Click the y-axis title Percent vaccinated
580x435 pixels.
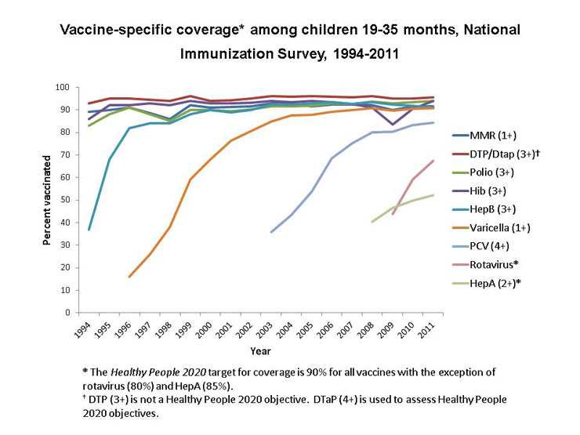pos(46,201)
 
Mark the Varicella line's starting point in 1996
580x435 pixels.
pos(129,277)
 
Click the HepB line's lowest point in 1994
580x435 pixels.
pos(89,230)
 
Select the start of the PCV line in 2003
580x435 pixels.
pos(271,232)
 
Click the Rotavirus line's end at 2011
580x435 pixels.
pos(433,161)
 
